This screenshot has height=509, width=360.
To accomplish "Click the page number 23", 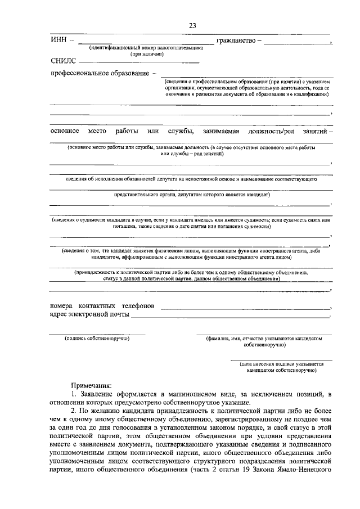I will (192, 26).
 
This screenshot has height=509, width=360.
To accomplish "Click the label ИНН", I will (58, 40).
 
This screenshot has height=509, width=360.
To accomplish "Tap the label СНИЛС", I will (63, 61).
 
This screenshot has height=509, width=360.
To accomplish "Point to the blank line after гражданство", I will (296, 43).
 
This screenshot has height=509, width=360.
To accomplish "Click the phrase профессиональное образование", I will (100, 74).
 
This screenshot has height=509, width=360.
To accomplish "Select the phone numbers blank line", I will (245, 308).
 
